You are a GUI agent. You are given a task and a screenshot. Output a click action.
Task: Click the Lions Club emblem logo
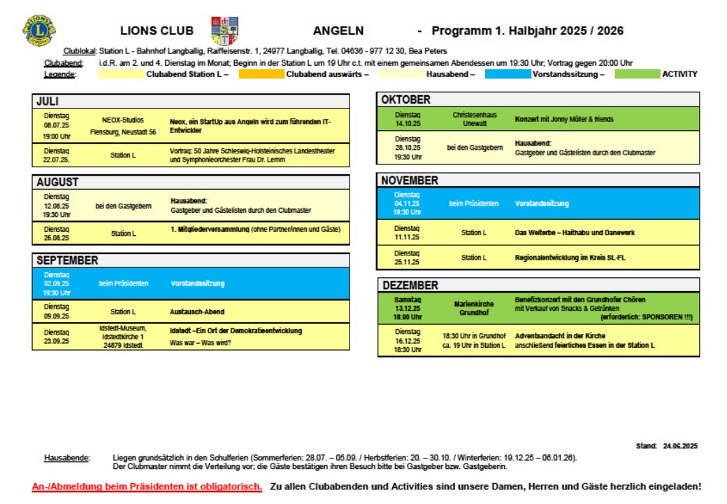coord(40,31)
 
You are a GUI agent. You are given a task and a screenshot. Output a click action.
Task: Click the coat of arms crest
coord(224,31)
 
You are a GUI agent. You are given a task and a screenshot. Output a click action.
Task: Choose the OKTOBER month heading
coord(405,100)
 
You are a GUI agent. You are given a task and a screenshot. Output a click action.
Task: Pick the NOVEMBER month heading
coord(410,181)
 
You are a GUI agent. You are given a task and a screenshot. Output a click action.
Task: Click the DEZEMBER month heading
coord(409,286)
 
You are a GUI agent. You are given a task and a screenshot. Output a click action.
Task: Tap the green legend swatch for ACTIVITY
coord(637,74)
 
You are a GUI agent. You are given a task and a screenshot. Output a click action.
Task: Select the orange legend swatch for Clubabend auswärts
coord(261,74)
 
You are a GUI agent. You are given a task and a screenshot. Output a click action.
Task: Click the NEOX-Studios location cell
coord(123,125)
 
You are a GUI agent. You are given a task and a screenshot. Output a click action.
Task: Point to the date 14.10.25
coord(408,123)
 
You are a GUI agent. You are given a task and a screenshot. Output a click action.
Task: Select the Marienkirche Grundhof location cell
coord(473,308)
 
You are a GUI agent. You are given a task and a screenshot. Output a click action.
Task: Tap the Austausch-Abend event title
coord(198,311)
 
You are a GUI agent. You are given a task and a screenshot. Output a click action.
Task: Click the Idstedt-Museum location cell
coord(123,336)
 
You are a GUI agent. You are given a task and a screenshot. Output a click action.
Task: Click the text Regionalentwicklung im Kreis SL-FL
coord(570,258)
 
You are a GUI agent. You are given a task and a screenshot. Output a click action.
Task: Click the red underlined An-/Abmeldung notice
coord(147,486)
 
